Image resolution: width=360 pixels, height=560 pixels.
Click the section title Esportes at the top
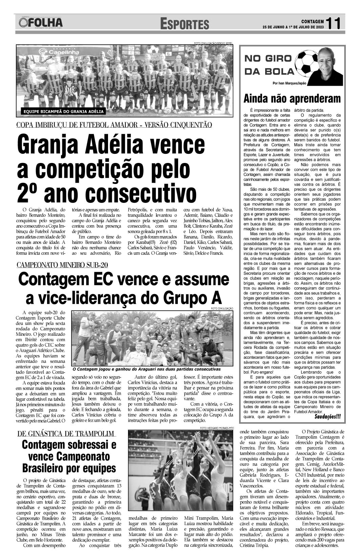coord(185,24)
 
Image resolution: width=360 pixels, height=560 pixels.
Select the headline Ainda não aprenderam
coord(292,99)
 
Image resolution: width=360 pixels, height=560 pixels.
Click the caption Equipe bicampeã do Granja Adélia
coord(63,111)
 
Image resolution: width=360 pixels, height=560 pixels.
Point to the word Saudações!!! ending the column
coord(328,416)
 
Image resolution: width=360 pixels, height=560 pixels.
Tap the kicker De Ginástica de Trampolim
coord(66,434)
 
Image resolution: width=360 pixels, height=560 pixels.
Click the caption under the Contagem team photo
coord(146,369)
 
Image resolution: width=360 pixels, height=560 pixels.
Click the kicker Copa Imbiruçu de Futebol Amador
coord(114,124)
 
